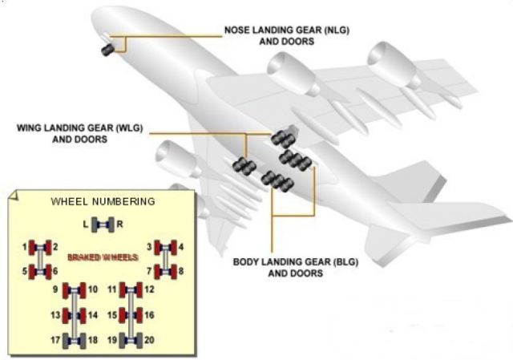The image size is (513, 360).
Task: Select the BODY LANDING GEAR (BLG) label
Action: point(278,268)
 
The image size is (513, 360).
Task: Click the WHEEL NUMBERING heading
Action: point(103,201)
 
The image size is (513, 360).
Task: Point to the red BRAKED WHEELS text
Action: point(103,257)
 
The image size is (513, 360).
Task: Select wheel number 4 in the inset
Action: point(171,246)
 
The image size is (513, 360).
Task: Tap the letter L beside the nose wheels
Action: point(86,224)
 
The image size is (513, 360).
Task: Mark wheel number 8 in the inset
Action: point(171,271)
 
